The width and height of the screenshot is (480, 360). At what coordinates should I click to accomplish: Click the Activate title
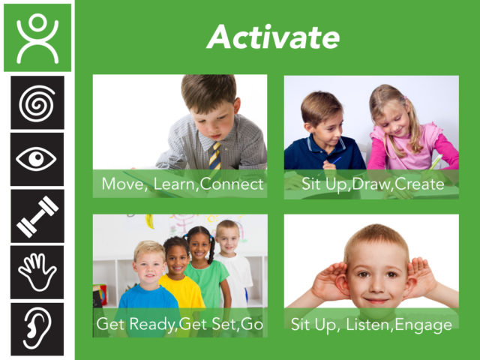273,37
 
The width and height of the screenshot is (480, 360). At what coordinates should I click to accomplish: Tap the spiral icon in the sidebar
37,103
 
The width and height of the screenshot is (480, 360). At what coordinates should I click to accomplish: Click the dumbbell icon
37,216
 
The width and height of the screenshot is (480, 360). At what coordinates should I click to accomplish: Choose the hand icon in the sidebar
37,272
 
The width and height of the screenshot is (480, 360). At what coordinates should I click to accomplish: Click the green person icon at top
37,37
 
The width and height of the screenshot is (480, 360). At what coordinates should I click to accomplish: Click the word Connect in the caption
232,184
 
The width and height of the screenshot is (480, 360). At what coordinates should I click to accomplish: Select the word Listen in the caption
369,325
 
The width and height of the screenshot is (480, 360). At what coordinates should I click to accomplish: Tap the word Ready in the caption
152,324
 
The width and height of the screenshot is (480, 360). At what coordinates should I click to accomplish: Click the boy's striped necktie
215,155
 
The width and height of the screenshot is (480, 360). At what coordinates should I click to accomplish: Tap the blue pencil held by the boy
337,160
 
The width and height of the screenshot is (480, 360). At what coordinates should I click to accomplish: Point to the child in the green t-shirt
205,266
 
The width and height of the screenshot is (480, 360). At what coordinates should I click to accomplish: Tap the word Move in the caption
122,184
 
